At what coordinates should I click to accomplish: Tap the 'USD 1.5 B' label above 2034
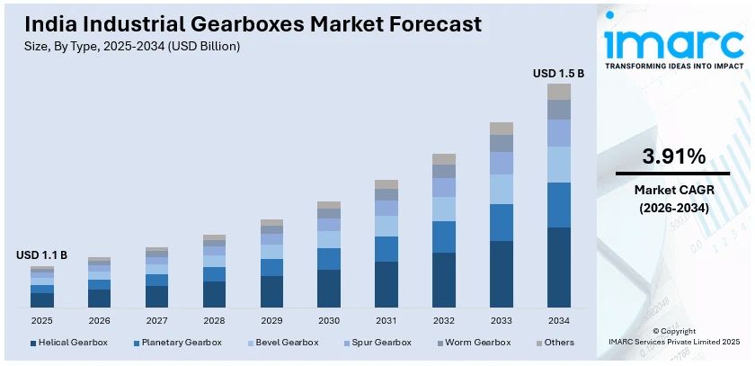[558, 73]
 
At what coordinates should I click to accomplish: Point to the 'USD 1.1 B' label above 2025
[42, 255]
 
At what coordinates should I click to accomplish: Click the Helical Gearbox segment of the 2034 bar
[558, 267]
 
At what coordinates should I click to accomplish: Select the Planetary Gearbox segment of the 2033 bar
[502, 222]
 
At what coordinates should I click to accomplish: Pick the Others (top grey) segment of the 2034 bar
[558, 91]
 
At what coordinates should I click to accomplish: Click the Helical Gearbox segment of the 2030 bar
[329, 288]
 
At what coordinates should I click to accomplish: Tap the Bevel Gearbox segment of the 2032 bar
[444, 209]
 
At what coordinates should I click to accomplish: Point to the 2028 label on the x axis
[214, 320]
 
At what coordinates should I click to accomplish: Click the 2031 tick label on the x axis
[386, 320]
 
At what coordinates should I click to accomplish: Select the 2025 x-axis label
[42, 320]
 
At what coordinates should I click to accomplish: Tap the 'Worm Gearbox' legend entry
[477, 343]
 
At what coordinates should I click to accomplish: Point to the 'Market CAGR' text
[672, 190]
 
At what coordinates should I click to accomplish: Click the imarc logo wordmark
[672, 40]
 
